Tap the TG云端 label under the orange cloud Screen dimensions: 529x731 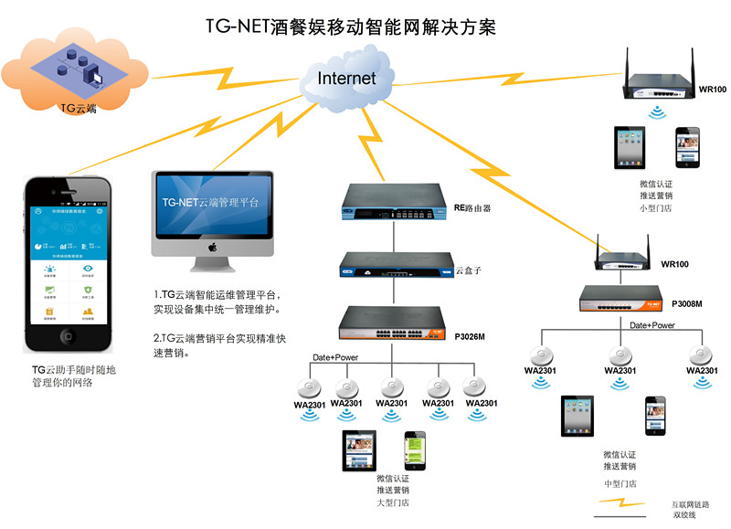pyautogui.click(x=79, y=108)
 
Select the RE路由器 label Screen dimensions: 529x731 pyautogui.click(x=472, y=208)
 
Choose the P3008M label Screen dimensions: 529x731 pyautogui.click(x=686, y=302)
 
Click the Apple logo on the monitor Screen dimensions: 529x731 pyautogui.click(x=212, y=246)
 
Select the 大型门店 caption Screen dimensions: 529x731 pyautogui.click(x=393, y=503)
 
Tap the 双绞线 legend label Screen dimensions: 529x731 pyautogui.click(x=684, y=515)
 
